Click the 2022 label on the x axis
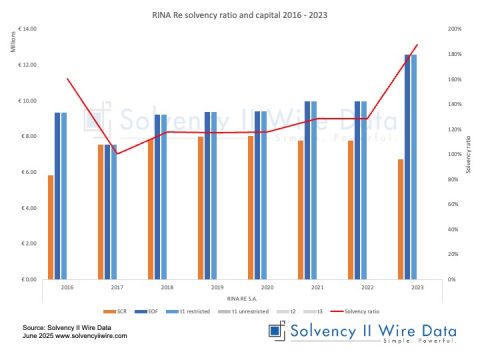pos(359,287)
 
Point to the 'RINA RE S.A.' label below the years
pos(236,298)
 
